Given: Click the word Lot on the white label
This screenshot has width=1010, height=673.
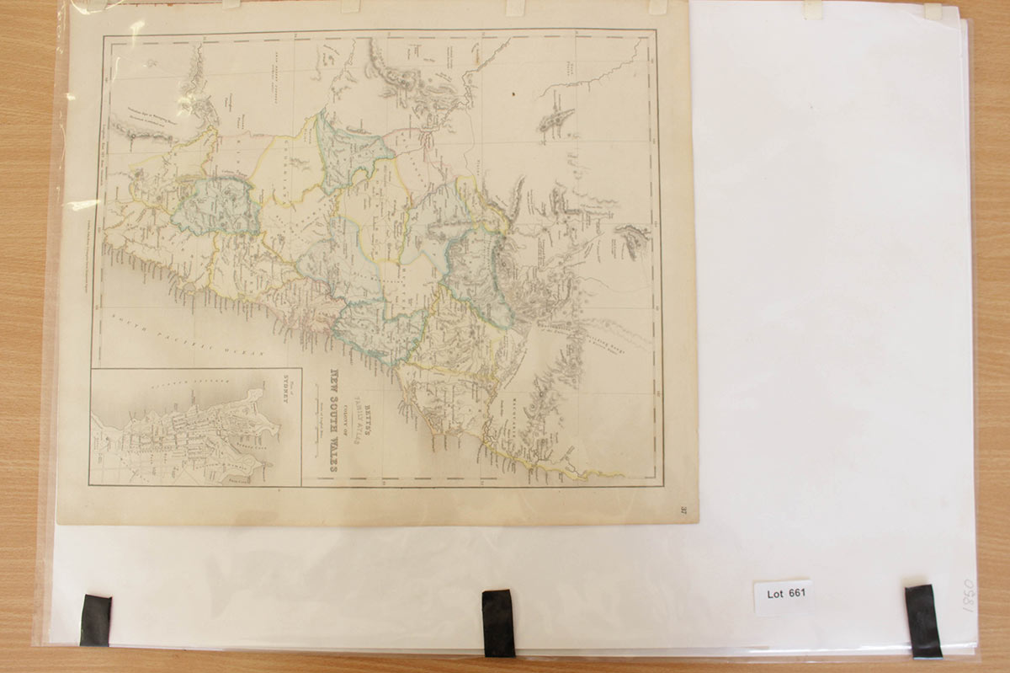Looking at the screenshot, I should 775,594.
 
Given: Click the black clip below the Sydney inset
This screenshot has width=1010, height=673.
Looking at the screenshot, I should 95,620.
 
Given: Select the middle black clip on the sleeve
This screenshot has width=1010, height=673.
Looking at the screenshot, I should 498,622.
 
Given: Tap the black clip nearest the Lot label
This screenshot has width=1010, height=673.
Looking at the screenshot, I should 923,621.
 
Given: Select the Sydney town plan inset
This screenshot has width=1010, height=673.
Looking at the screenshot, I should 195,427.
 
